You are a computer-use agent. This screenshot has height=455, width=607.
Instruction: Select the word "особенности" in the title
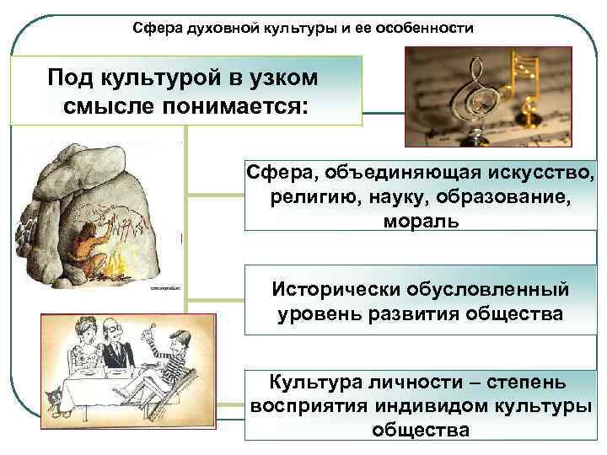coord(429,29)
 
